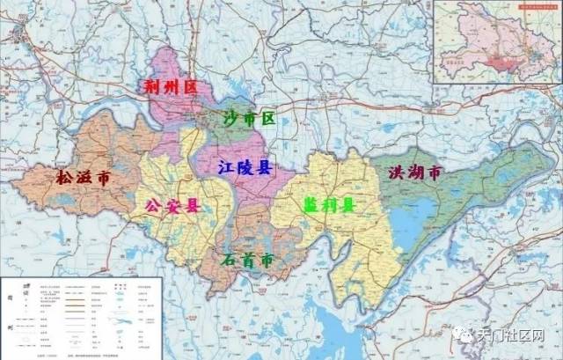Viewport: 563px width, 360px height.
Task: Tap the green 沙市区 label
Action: [x=249, y=117]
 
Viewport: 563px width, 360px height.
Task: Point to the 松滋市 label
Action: [x=84, y=178]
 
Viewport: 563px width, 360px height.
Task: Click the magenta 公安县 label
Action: [x=172, y=206]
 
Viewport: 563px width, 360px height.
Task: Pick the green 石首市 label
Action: [x=244, y=261]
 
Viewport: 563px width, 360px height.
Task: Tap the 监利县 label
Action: [x=329, y=205]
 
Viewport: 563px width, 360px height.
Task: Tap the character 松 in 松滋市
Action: [x=65, y=178]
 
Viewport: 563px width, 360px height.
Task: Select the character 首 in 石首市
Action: [x=244, y=261]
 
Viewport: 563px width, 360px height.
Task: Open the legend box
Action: [x=81, y=317]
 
